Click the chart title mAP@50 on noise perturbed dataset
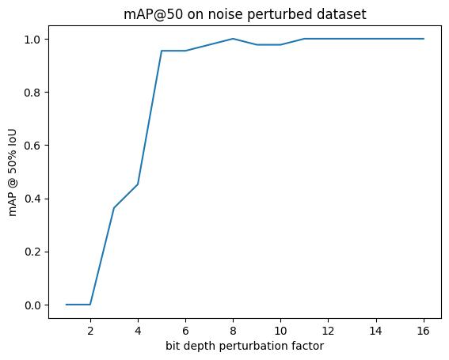pos(245,14)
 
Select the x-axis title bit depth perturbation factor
pos(245,346)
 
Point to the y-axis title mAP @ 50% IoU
pos(13,172)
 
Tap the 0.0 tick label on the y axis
pos(32,305)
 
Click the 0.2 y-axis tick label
pos(32,252)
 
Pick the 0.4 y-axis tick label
pos(32,199)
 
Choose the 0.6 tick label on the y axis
pos(32,146)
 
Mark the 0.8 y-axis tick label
pos(32,93)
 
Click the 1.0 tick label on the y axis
pos(32,40)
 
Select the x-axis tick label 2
pos(90,331)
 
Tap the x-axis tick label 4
pos(138,331)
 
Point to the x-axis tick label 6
pos(185,331)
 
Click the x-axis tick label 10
pos(280,331)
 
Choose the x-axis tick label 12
pos(328,331)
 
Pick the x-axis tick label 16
pos(424,331)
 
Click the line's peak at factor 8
pos(233,39)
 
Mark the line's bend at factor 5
pos(162,51)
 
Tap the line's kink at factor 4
pos(138,184)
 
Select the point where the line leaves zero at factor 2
pos(90,305)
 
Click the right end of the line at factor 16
pos(424,39)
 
